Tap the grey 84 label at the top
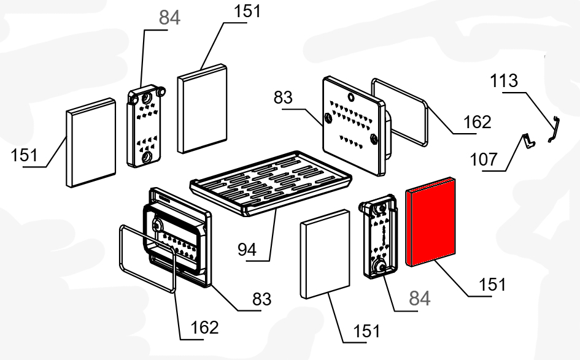coord(170,18)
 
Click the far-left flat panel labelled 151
coord(90,142)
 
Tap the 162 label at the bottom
coord(204,327)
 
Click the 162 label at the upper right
coord(478,122)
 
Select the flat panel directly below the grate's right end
coord(325,251)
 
